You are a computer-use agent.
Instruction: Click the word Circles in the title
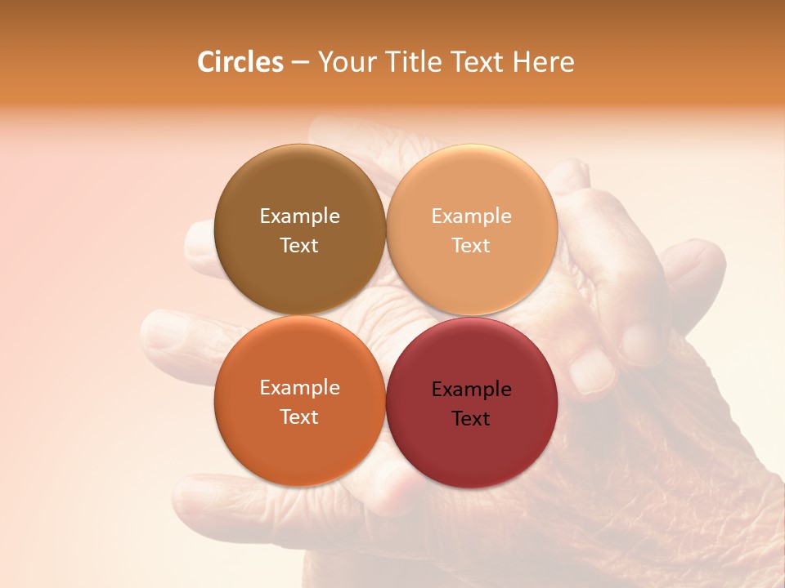click(x=240, y=62)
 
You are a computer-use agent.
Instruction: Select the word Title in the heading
click(x=414, y=62)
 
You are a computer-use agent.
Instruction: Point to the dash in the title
click(x=300, y=63)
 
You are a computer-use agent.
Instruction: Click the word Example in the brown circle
click(x=299, y=216)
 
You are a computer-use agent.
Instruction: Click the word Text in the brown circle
click(x=299, y=246)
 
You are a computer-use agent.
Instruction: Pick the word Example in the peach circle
click(x=471, y=216)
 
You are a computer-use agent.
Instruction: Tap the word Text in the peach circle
click(x=471, y=246)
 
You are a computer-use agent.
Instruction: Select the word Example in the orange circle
click(x=299, y=388)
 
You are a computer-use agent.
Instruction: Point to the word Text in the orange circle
click(x=299, y=417)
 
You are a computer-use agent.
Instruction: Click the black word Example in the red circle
click(x=471, y=390)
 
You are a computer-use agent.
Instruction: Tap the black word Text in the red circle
click(x=471, y=419)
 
